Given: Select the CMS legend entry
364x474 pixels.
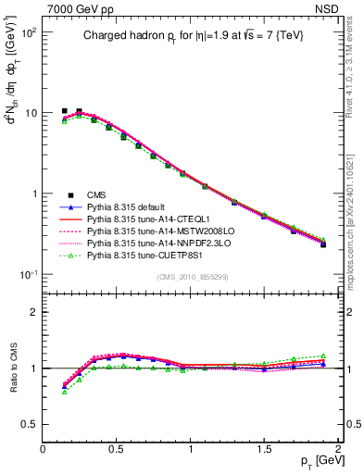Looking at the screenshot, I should tap(96, 194).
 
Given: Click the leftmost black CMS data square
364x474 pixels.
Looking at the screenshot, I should tap(64, 111).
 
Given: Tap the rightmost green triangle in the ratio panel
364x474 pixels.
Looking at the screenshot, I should tap(323, 355).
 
